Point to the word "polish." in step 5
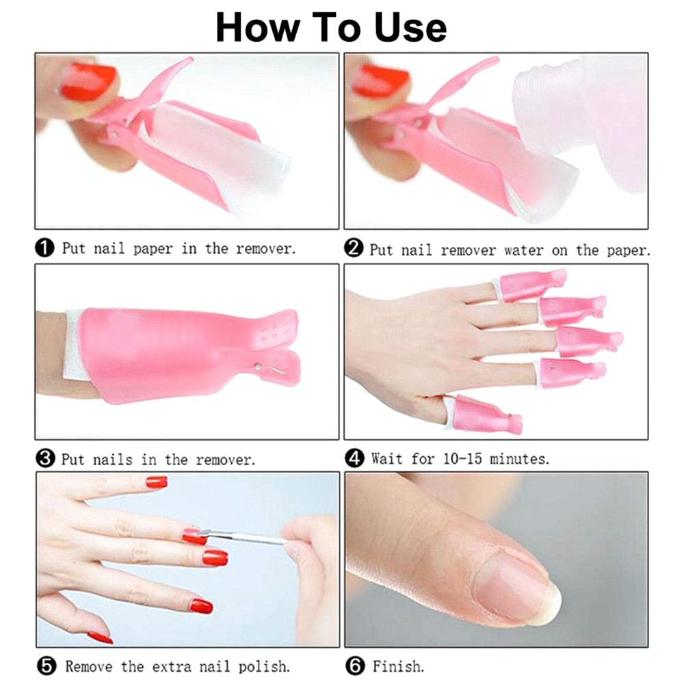[x=263, y=665]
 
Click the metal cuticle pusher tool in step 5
[x=246, y=538]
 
